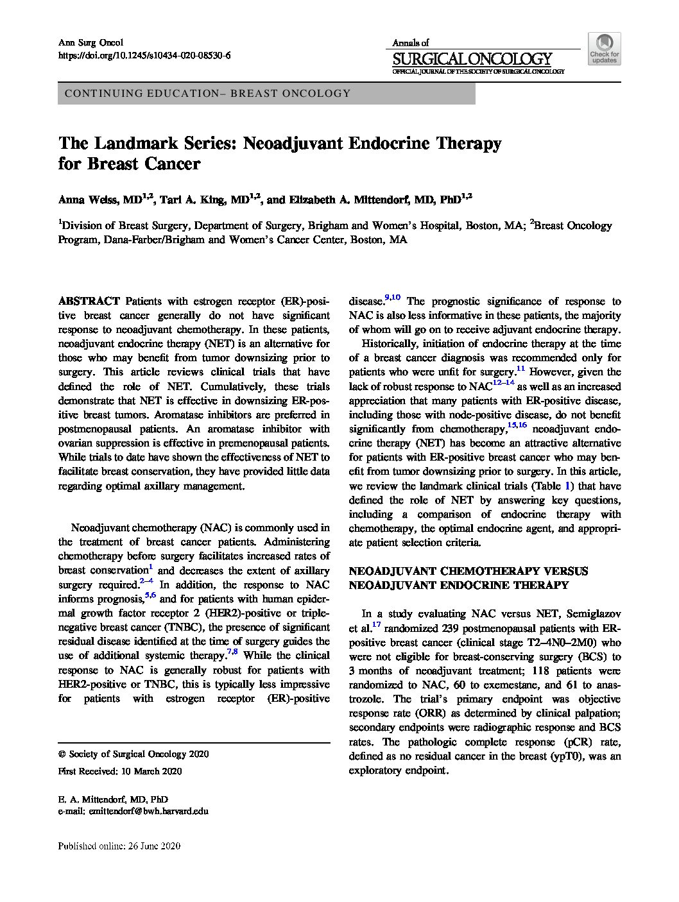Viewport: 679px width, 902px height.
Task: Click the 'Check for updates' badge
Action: tap(604, 49)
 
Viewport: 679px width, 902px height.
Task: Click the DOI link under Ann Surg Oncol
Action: tap(144, 56)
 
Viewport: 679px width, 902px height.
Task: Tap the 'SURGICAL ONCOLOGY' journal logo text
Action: tap(472, 59)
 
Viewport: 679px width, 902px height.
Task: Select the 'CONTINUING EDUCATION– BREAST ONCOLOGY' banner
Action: tap(266, 94)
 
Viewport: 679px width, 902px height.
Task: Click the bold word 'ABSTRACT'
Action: tap(89, 301)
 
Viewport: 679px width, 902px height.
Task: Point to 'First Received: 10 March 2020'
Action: tap(120, 771)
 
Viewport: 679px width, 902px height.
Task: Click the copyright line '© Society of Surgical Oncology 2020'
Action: tap(133, 754)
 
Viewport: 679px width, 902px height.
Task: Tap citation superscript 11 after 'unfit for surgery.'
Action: tap(520, 369)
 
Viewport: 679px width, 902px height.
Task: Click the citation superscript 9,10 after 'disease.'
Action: tap(392, 297)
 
